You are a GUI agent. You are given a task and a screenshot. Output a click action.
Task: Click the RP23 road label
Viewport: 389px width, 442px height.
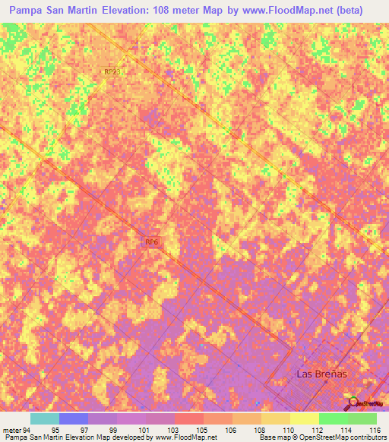(x=112, y=71)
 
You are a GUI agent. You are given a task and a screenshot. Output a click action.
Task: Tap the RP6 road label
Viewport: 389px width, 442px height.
(x=152, y=242)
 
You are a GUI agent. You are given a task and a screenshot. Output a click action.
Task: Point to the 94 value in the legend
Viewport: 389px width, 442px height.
(x=27, y=429)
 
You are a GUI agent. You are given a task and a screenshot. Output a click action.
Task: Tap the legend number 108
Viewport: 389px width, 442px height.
(x=261, y=429)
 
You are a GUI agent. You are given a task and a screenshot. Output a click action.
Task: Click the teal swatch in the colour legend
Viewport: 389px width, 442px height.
(x=45, y=418)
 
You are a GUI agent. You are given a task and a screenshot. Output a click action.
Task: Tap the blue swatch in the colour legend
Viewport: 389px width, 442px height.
(x=74, y=418)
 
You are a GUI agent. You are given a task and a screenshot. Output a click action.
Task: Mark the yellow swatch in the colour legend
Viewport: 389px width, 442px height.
(x=305, y=418)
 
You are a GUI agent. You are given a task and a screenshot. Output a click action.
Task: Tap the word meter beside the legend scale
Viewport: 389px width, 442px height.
(x=11, y=429)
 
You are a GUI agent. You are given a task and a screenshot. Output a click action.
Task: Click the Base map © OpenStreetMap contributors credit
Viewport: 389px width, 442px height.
(x=321, y=437)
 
